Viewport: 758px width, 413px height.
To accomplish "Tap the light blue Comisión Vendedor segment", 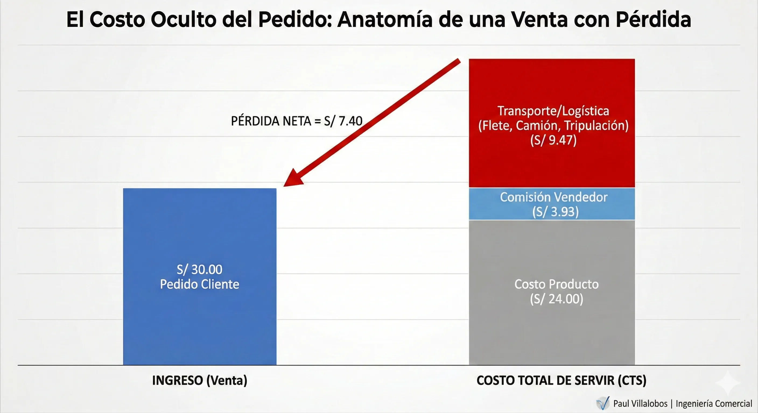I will [x=552, y=204].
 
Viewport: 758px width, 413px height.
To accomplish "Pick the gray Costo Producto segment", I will [x=552, y=329].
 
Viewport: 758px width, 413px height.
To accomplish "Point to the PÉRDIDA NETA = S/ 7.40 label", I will [x=296, y=121].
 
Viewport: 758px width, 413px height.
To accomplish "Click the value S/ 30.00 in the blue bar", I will [x=199, y=269].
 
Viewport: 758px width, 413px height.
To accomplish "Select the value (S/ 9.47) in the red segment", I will [x=553, y=140].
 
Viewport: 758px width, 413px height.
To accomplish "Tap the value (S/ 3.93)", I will [x=555, y=212].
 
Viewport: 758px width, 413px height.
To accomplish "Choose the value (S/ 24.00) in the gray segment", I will [x=556, y=299].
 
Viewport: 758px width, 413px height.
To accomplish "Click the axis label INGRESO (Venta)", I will [x=199, y=380].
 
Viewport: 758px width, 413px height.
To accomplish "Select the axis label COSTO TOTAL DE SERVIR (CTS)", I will [x=561, y=380].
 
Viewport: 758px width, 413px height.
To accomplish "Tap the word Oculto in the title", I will [x=183, y=20].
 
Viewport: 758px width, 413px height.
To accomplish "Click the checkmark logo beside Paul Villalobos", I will [x=603, y=403].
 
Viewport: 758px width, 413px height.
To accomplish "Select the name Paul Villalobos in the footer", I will [x=640, y=404].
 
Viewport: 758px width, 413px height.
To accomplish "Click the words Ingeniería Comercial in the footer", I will [x=714, y=404].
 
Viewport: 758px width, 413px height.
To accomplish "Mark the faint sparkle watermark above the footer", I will [x=728, y=382].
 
